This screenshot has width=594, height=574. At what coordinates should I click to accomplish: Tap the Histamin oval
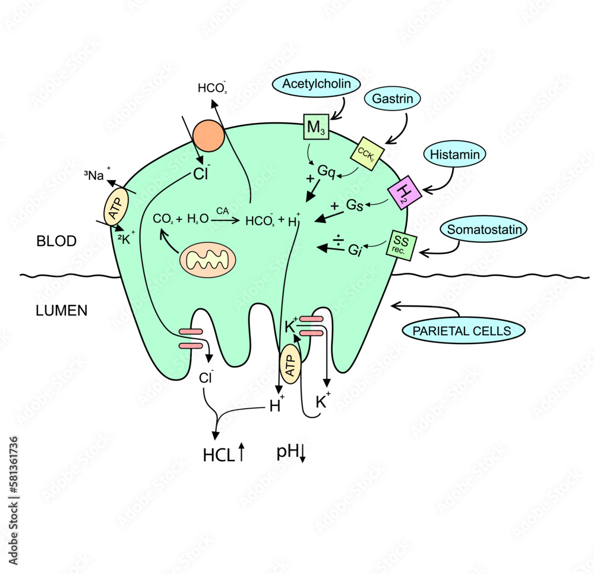tap(455, 155)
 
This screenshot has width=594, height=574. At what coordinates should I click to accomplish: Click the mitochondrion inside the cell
tap(208, 259)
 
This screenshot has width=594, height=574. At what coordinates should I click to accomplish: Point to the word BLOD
tap(56, 241)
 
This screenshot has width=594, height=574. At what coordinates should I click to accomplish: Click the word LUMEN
tap(61, 310)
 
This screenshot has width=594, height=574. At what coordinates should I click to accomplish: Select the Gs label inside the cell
tap(355, 206)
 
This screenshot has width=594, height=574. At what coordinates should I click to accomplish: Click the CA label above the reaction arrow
tap(222, 210)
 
